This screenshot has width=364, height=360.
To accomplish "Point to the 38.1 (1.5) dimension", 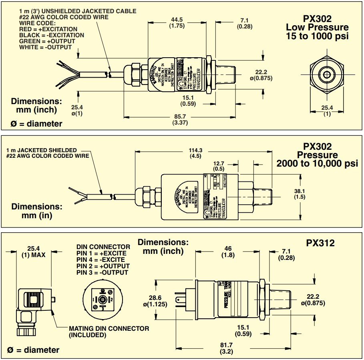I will [299, 194].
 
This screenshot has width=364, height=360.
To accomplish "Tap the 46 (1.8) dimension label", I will [229, 251].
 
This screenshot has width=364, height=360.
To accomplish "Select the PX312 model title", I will [320, 243].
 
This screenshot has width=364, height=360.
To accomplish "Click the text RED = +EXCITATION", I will [48, 29].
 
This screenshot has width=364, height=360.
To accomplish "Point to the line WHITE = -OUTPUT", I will [45, 47].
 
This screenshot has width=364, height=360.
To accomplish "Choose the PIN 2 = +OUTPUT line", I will [103, 266].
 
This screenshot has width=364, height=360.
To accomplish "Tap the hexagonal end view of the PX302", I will [328, 74].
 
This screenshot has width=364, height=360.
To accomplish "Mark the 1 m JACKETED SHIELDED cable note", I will [41, 153].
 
